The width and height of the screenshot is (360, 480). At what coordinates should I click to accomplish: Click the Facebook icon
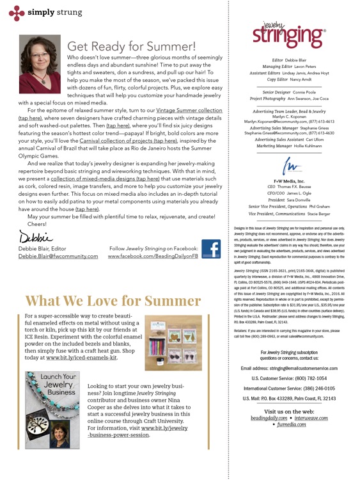pyautogui.click(x=210, y=251)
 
